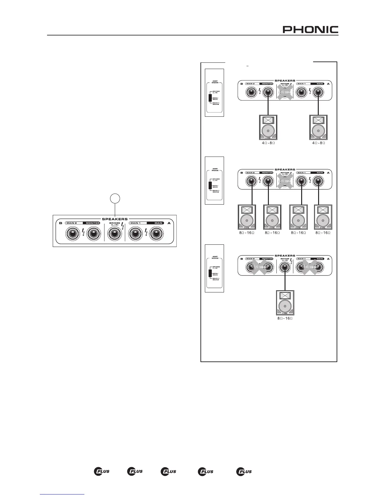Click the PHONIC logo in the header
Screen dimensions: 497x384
pos(311,29)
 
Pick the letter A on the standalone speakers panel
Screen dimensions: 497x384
pos(169,223)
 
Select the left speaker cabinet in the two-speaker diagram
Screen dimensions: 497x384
pos(268,127)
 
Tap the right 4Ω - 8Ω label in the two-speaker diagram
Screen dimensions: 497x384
pos(318,143)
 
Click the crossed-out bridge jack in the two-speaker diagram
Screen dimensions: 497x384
pos(284,92)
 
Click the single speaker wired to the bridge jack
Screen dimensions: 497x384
pos(285,303)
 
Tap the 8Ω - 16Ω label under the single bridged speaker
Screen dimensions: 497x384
pos(285,318)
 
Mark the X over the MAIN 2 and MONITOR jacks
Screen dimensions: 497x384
pos(259,267)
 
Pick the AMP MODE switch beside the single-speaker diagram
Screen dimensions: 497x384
pos(211,273)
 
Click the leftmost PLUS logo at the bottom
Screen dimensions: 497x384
pos(102,471)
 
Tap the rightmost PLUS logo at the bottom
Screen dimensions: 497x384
pos(244,471)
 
